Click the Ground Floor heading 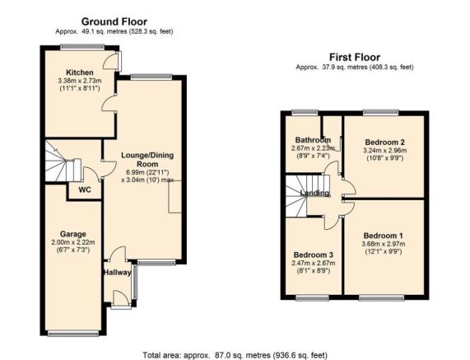tap(114, 21)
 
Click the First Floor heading tap(355, 57)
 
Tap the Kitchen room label tap(80, 72)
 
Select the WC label tap(85, 190)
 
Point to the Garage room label tap(73, 234)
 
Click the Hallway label tap(118, 273)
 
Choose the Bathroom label tap(313, 140)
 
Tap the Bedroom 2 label tap(385, 142)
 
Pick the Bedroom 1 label tap(383, 236)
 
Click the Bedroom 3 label tap(314, 255)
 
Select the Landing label tap(314, 194)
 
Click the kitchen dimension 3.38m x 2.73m tap(80, 81)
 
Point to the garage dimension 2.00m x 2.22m tap(73, 242)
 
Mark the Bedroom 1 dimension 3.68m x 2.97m tap(383, 244)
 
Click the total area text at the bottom tap(235, 355)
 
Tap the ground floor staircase tap(63, 161)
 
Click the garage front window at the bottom tap(73, 333)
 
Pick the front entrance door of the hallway tap(121, 299)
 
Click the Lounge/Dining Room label tap(147, 160)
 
